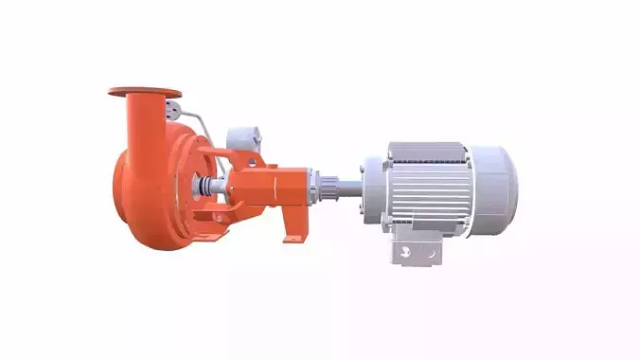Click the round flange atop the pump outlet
[x=144, y=92]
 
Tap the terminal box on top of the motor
[x=424, y=151]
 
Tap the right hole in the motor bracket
[x=429, y=253]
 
